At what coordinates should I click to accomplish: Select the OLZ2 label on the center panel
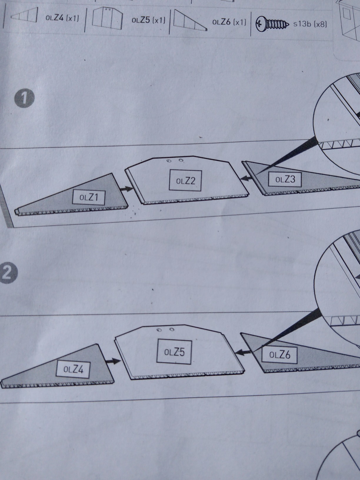coord(185,181)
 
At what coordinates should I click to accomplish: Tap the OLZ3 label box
coord(285,180)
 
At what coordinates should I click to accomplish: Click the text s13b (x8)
coord(310,24)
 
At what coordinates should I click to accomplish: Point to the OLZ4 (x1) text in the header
coord(62,18)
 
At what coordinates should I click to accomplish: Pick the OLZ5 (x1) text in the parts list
coord(148,20)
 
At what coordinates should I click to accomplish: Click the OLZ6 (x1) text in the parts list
coord(229,22)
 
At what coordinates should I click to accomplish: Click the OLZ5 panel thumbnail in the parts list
coord(107,19)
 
